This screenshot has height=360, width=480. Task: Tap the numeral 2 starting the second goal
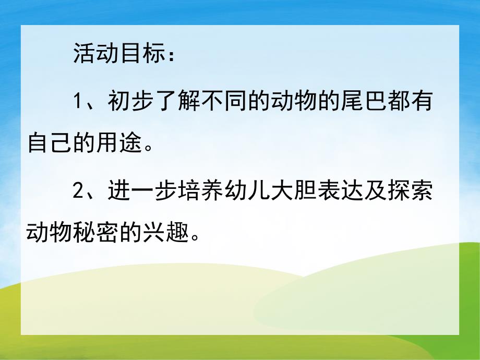tap(78, 190)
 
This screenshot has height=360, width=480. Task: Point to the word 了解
tap(177, 101)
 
